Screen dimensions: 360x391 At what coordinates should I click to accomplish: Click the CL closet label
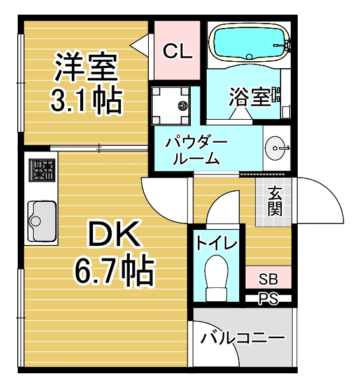[x=178, y=51]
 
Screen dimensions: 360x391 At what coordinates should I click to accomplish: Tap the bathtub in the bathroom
[x=249, y=42]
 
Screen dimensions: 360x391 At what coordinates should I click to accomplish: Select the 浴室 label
[x=250, y=97]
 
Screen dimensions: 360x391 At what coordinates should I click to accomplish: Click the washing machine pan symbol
[x=170, y=105]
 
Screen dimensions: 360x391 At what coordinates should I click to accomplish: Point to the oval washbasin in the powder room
[x=275, y=148]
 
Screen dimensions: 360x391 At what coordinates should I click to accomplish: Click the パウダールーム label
[x=197, y=151]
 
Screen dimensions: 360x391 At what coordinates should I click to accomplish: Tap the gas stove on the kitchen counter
[x=42, y=170]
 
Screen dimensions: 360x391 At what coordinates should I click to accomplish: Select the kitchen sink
[x=42, y=221]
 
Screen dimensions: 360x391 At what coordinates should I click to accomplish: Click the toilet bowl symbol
[x=216, y=278]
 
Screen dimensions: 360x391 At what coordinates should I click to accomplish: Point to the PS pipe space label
[x=268, y=298]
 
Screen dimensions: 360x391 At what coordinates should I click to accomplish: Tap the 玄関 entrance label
[x=275, y=201]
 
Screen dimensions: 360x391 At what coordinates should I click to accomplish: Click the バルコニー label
[x=242, y=338]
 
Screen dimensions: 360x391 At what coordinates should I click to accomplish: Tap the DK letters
[x=114, y=234]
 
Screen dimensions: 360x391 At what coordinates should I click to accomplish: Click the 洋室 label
[x=86, y=66]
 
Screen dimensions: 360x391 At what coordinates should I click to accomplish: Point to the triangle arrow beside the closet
[x=139, y=45]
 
